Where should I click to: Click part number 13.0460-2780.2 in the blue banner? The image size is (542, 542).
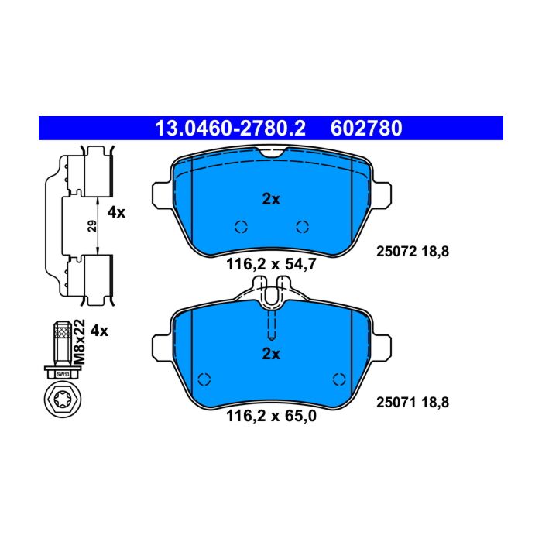coord(230,129)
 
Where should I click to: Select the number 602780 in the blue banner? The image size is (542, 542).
coord(366,129)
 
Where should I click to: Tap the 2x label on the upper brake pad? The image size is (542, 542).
coord(271,199)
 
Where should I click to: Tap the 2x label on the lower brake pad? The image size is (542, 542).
coord(271,354)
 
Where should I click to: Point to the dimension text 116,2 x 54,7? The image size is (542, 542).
coord(271,265)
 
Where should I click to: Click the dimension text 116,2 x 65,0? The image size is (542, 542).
coord(271,416)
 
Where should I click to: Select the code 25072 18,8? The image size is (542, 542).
coord(413,252)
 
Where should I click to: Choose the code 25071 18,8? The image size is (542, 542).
coord(413,403)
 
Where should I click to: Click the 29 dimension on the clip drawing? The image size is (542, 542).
coord(92,226)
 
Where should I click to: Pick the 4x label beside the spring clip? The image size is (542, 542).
coord(116,212)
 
